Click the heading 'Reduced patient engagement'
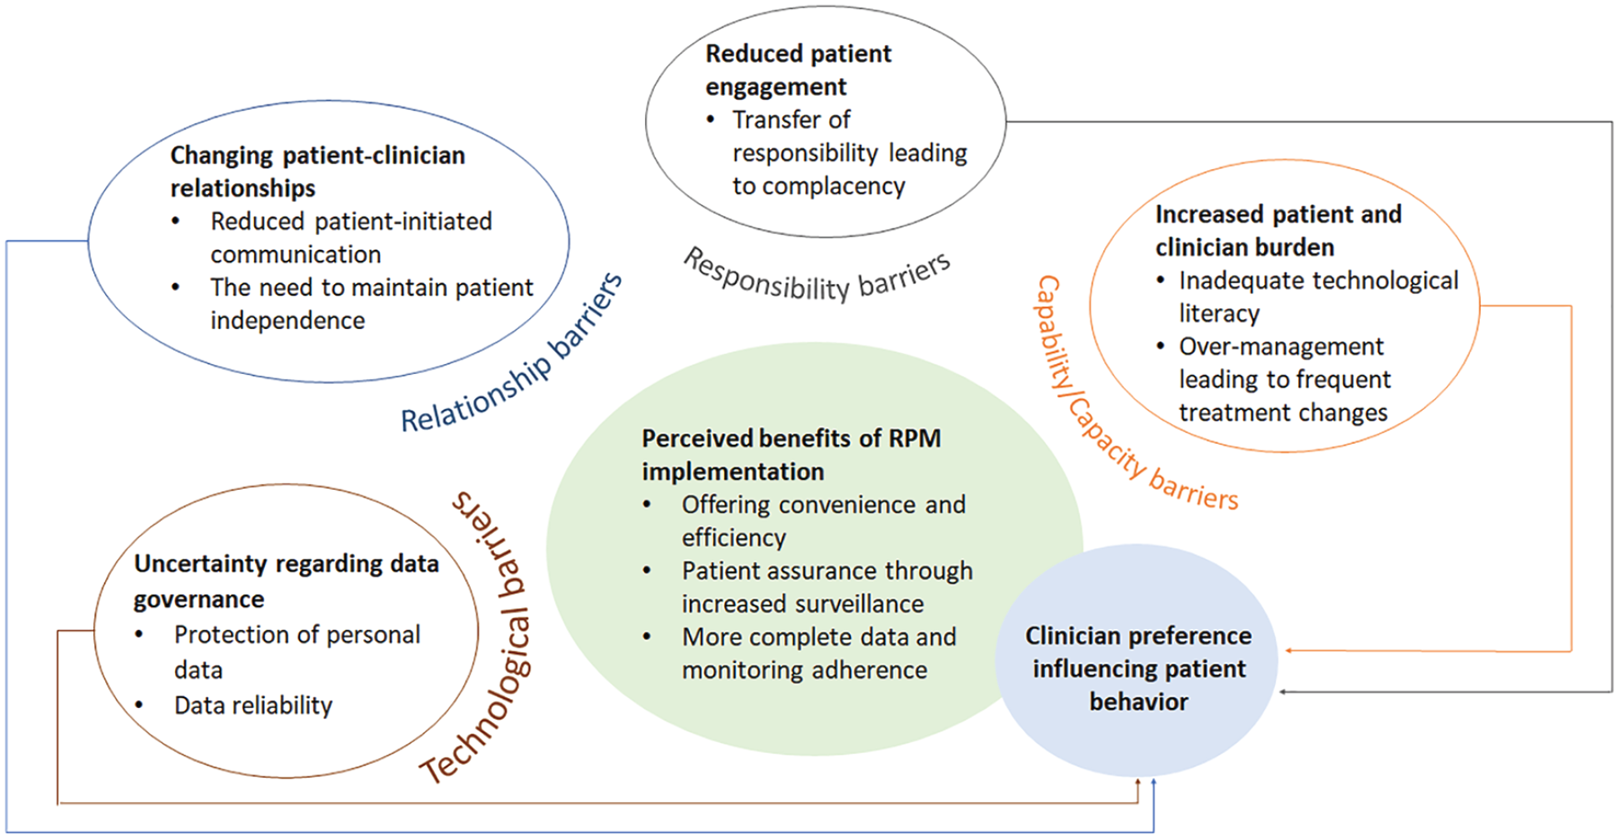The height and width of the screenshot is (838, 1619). point(798,70)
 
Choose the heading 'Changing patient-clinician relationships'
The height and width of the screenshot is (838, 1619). point(317,172)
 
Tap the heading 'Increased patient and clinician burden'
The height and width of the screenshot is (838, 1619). point(1278,231)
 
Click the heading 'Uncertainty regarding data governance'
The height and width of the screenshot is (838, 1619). point(286,581)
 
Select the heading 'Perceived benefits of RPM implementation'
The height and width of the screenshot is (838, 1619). point(791,455)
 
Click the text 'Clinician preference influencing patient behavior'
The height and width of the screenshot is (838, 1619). point(1138,669)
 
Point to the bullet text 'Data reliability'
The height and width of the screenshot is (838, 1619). point(253,706)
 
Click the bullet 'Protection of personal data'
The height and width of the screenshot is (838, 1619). point(297,652)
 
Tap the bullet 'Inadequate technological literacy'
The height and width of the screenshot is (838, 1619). point(1319,297)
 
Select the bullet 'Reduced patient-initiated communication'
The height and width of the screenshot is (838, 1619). point(351,237)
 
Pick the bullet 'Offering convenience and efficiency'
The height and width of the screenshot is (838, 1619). point(823,521)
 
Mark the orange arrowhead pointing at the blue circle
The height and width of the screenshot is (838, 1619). point(1289,650)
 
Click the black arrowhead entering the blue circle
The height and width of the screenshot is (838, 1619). point(1284,691)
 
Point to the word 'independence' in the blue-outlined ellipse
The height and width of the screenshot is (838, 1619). point(287,321)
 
